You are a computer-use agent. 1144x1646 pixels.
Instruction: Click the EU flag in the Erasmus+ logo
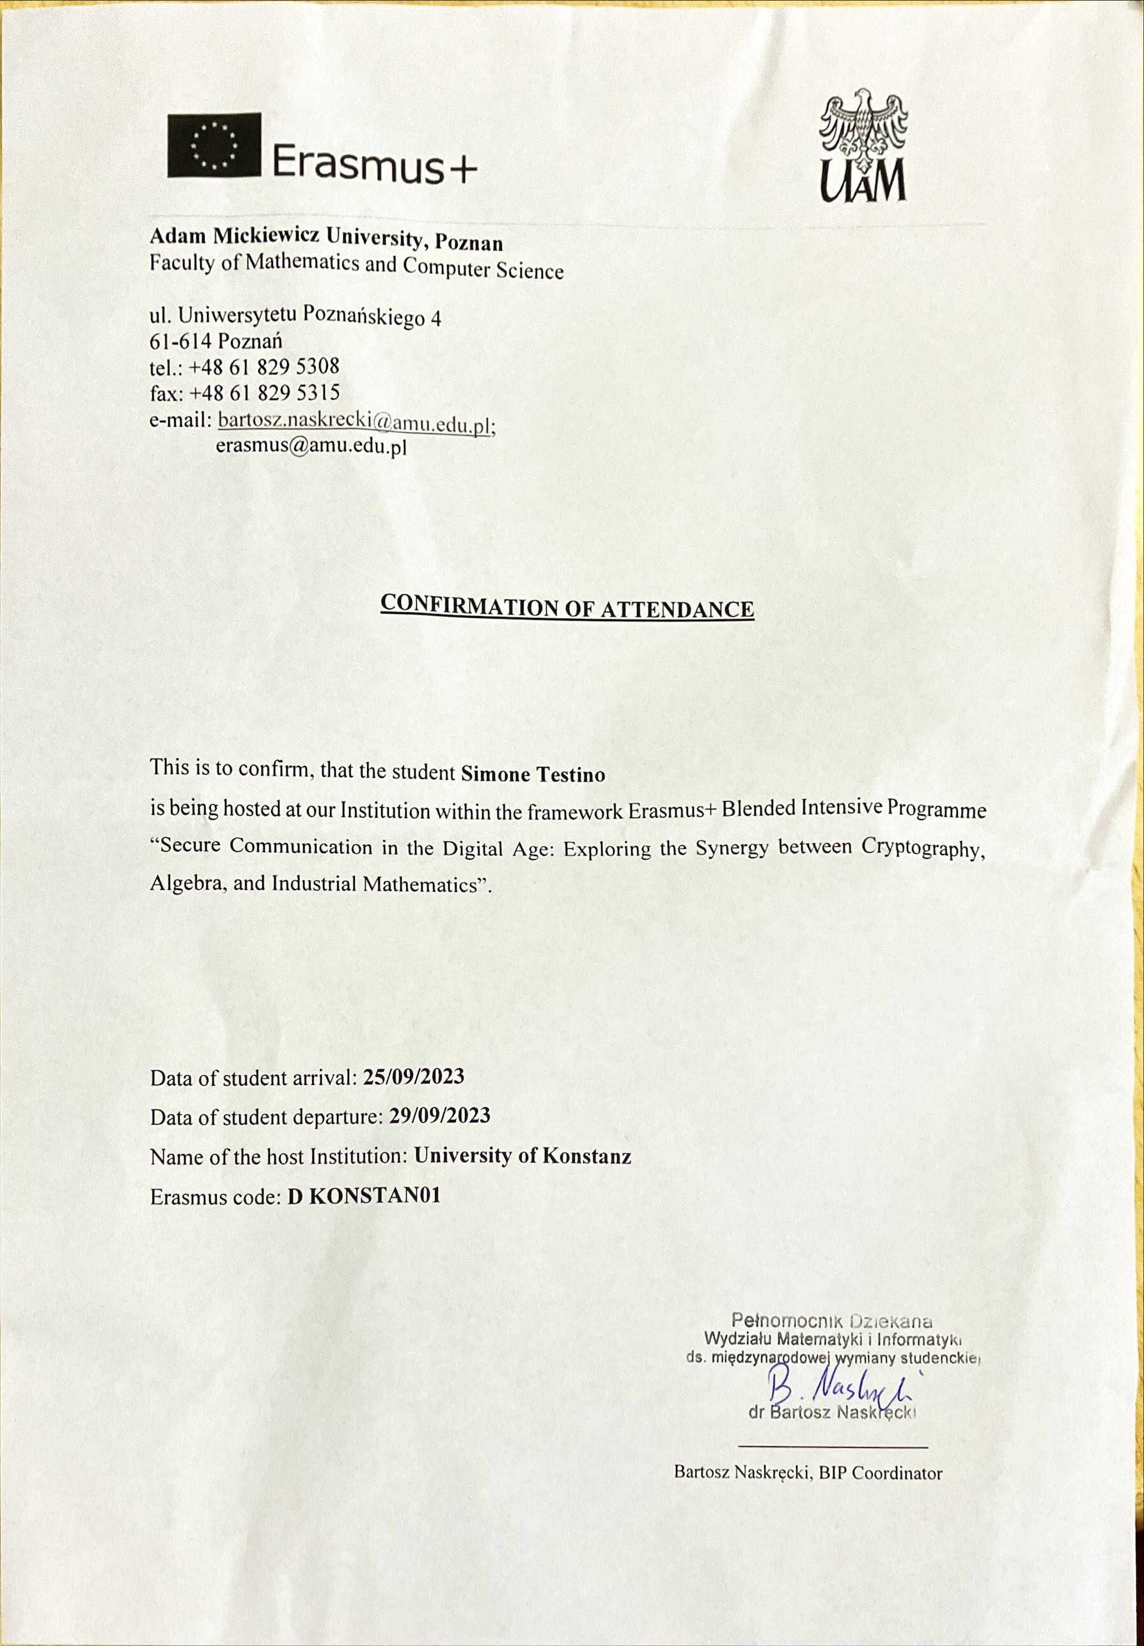[x=214, y=147]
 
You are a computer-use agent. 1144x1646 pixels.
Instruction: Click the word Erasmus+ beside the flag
[x=374, y=164]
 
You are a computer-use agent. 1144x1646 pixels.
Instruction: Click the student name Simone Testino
[x=533, y=774]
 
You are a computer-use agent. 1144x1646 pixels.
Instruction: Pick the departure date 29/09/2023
[x=439, y=1136]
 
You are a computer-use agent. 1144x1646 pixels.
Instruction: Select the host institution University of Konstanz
[x=523, y=1176]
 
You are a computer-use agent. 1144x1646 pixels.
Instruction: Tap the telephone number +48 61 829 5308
[x=265, y=367]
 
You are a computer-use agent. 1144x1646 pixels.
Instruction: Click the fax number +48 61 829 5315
[x=265, y=393]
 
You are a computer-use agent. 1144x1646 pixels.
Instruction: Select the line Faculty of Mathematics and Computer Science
[x=356, y=267]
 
